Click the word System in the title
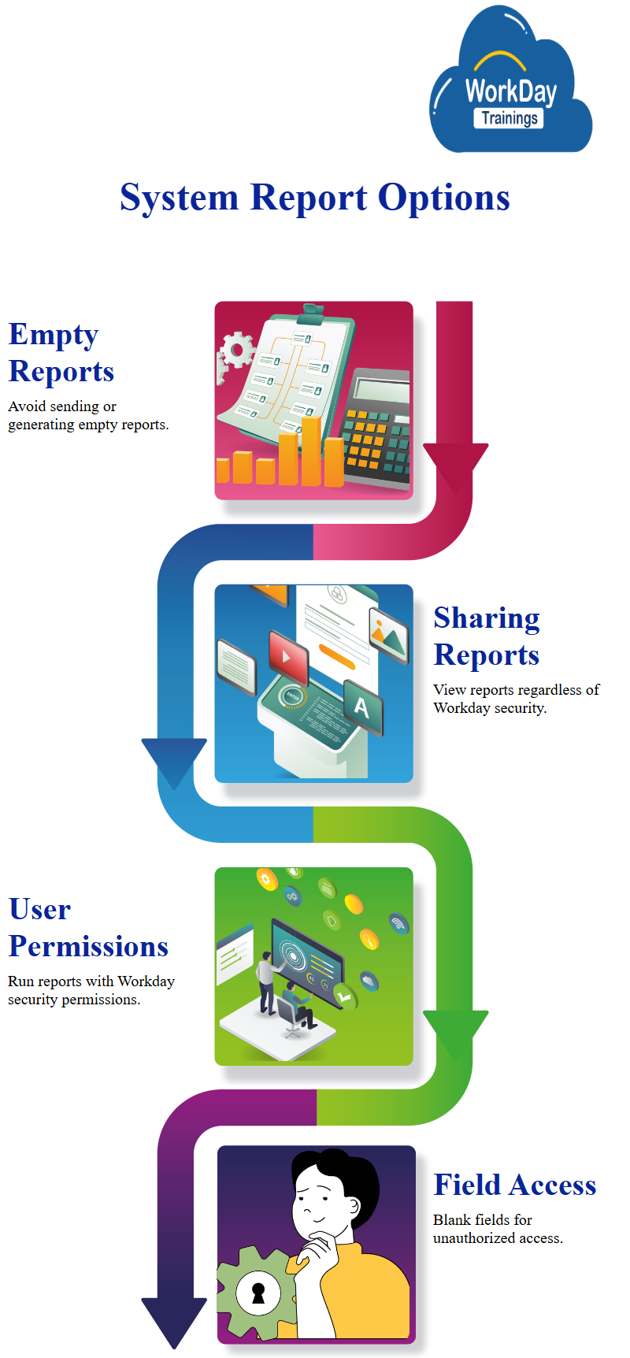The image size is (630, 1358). coord(179,198)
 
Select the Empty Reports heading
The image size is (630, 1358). coord(61,353)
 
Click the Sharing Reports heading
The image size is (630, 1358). coord(487,636)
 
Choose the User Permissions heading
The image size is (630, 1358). coord(88,928)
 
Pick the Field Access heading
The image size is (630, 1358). coord(514,1185)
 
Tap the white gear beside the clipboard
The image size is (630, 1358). coord(236,351)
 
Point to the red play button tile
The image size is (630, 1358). coord(287,656)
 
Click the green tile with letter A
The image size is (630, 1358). coord(362,707)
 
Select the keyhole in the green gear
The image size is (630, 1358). coord(258,1293)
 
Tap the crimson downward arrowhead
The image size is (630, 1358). coord(455,465)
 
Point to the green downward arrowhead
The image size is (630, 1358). coord(455,1032)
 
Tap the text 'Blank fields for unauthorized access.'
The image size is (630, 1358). coord(498,1229)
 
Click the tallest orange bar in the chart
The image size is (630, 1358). coord(311,451)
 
